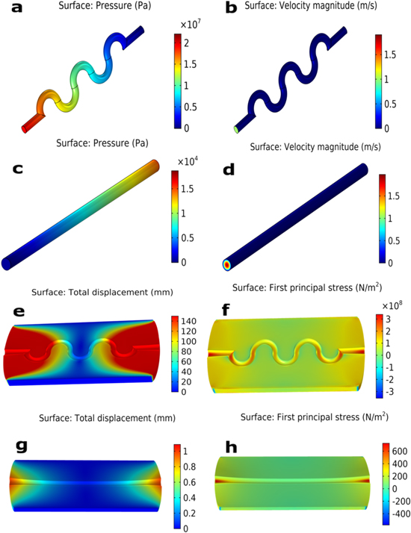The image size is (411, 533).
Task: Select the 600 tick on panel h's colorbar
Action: [399, 452]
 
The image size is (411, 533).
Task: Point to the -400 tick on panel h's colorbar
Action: [399, 514]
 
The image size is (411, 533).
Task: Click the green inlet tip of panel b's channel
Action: [237, 129]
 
